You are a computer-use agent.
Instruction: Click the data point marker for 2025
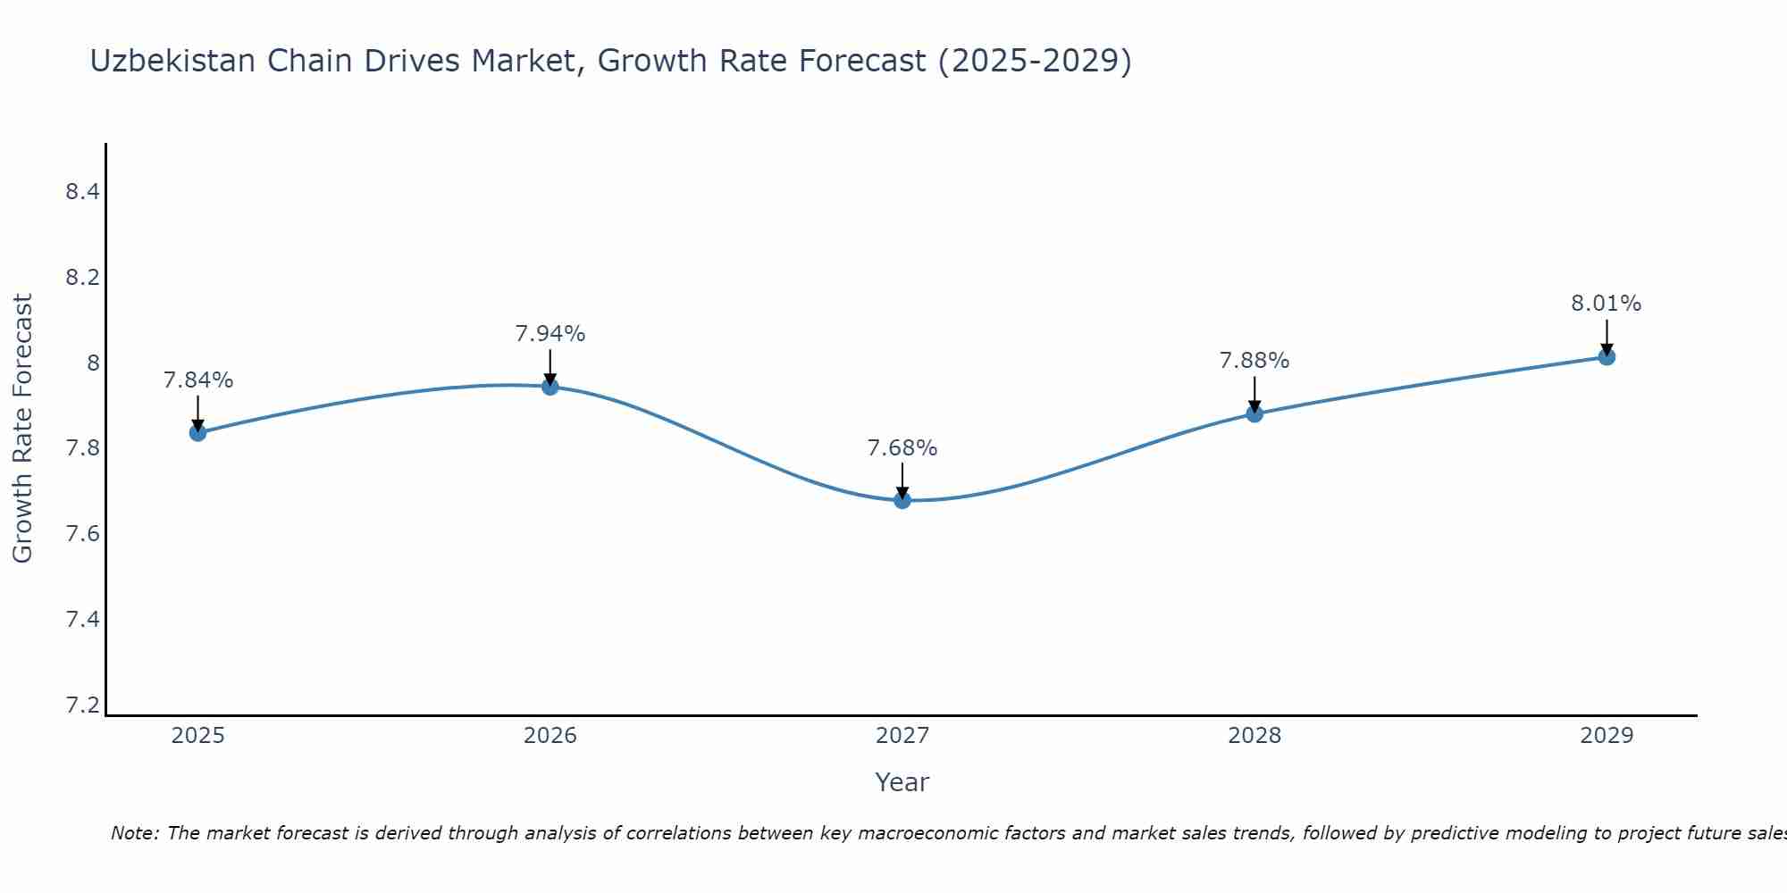(197, 433)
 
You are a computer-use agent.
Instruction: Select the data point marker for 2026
(550, 387)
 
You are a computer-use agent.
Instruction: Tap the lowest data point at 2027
(902, 500)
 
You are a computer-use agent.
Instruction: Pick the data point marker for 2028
(1254, 413)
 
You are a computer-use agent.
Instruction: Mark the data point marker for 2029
(1607, 357)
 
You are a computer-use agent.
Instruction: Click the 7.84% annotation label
(197, 380)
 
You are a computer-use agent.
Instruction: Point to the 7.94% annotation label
(550, 334)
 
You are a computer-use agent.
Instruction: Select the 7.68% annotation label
(902, 448)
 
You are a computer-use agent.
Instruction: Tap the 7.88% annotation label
(1254, 361)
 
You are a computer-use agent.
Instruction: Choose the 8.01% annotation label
(1607, 304)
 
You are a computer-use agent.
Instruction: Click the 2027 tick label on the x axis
(902, 736)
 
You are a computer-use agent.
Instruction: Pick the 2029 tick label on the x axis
(1607, 736)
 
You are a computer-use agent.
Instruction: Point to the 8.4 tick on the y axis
(82, 192)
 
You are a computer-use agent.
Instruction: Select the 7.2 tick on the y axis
(82, 705)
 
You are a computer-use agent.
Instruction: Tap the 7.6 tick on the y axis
(82, 534)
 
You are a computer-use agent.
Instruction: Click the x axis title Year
(902, 782)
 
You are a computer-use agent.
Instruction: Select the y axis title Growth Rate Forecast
(22, 429)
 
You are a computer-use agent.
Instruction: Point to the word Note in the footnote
(134, 833)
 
